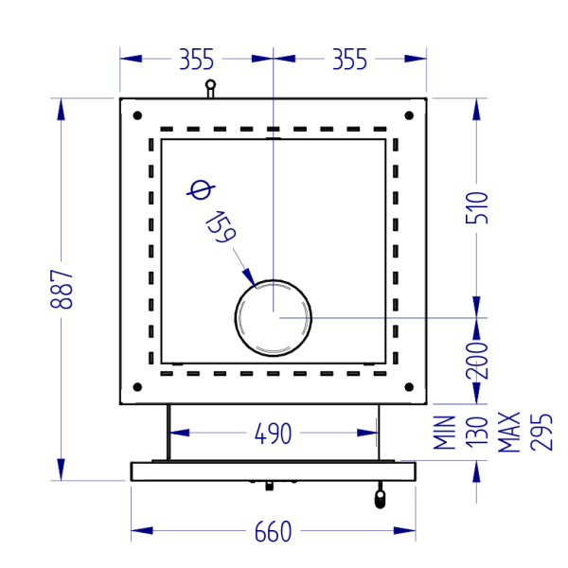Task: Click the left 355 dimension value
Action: [x=197, y=59]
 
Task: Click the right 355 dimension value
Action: [x=349, y=59]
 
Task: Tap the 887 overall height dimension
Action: [x=62, y=289]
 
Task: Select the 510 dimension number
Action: [x=477, y=208]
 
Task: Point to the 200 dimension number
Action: [x=477, y=360]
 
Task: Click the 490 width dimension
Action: [x=273, y=434]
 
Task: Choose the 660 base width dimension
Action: [x=273, y=531]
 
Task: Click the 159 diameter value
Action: [x=221, y=227]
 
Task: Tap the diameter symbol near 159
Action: [x=201, y=190]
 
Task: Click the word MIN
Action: [x=445, y=433]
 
